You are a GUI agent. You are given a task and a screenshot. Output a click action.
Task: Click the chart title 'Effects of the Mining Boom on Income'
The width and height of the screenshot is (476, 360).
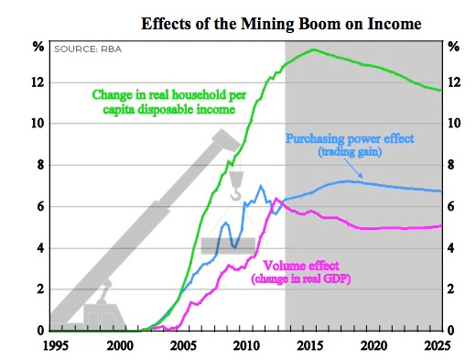[280, 22]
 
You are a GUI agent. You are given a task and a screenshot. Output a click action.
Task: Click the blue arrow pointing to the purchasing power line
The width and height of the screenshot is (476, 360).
[358, 170]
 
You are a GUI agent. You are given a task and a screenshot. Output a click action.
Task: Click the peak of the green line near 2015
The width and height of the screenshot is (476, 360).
[314, 49]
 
